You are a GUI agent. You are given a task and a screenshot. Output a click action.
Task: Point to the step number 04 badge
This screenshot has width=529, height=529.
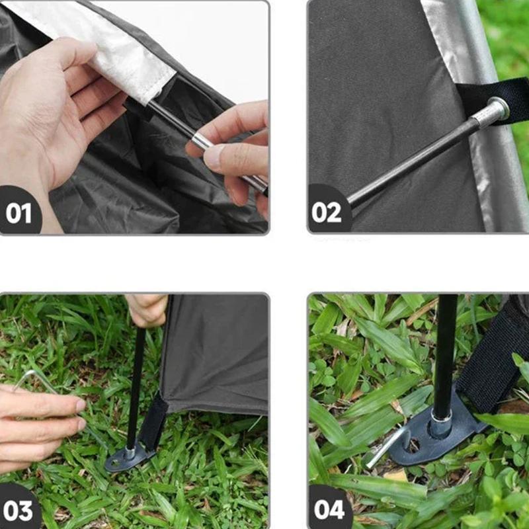tap(329, 509)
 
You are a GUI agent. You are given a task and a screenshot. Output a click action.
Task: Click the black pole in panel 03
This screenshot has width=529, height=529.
tap(137, 388)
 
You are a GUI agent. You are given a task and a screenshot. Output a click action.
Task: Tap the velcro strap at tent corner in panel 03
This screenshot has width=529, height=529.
tap(154, 421)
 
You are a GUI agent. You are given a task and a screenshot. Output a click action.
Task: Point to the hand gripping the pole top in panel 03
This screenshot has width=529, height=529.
tap(147, 309)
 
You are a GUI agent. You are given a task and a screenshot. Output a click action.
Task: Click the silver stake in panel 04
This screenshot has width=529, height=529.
tap(388, 447)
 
